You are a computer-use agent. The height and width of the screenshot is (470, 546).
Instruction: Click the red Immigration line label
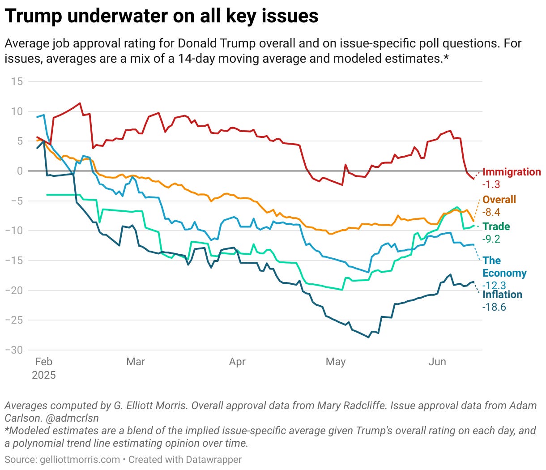tap(512, 172)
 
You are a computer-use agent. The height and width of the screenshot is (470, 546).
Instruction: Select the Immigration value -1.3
tap(491, 184)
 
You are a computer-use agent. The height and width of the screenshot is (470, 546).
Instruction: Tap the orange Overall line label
tap(499, 200)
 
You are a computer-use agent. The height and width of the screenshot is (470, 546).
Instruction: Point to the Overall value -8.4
tap(491, 212)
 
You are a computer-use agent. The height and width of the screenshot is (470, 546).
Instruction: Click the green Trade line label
tap(496, 226)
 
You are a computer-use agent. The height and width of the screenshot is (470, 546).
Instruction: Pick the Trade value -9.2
tap(491, 239)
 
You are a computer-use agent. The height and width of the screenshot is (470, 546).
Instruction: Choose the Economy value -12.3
tap(494, 286)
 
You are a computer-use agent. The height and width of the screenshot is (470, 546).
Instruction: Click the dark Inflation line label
tap(502, 295)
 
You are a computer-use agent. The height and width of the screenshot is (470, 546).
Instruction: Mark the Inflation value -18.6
tap(494, 307)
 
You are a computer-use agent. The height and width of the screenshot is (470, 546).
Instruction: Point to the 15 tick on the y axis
tap(17, 81)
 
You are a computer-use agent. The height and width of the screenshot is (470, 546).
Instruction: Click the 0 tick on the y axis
tap(20, 171)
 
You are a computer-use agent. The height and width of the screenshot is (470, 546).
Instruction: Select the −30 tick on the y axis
tap(14, 350)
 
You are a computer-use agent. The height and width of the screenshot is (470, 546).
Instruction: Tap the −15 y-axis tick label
tap(14, 261)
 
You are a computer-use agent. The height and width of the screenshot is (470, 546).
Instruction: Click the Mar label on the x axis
tap(136, 362)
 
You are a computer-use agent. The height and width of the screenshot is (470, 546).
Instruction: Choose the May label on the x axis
tap(336, 362)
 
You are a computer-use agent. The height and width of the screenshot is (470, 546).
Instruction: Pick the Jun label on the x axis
tap(437, 362)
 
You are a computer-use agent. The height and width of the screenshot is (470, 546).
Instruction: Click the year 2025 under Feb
tap(44, 375)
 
